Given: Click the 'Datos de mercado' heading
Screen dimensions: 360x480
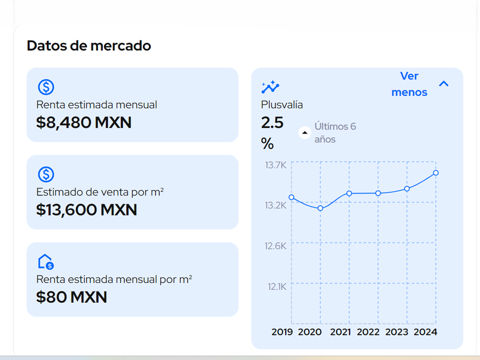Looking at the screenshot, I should tap(89, 46).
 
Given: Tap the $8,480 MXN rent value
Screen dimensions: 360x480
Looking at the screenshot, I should tap(84, 122).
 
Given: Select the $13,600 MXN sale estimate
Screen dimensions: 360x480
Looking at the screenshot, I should tap(87, 210).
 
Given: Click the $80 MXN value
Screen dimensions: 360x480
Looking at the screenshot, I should tap(71, 297).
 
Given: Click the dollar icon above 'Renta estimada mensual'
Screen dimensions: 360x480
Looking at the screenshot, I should tap(46, 87).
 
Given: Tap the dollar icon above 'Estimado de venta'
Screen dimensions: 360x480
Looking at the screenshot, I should tap(46, 174).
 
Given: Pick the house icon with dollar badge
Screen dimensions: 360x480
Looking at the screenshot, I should tap(46, 262).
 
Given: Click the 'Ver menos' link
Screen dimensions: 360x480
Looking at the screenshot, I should tap(409, 84).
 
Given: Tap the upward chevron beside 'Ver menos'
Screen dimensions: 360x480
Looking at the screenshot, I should tap(443, 84).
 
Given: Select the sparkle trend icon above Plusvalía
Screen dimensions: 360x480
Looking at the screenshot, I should tap(270, 87).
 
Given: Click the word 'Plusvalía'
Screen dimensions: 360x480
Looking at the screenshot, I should tap(282, 105).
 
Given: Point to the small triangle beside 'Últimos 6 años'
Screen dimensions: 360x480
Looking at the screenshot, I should tap(305, 133).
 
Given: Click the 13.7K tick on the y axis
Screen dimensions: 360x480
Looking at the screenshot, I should tap(275, 165).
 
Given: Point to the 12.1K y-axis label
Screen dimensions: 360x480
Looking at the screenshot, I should tap(277, 286).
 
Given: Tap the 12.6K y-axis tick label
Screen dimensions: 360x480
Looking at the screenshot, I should tap(275, 246).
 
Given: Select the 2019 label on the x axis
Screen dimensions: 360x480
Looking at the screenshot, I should tap(282, 332).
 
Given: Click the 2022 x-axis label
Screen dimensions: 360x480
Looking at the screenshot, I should tap(368, 332).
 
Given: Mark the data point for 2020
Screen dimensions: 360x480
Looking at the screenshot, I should tap(321, 208).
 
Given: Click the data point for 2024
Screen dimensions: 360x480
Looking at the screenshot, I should tap(436, 173).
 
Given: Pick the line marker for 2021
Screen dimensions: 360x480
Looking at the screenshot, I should tap(349, 193).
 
